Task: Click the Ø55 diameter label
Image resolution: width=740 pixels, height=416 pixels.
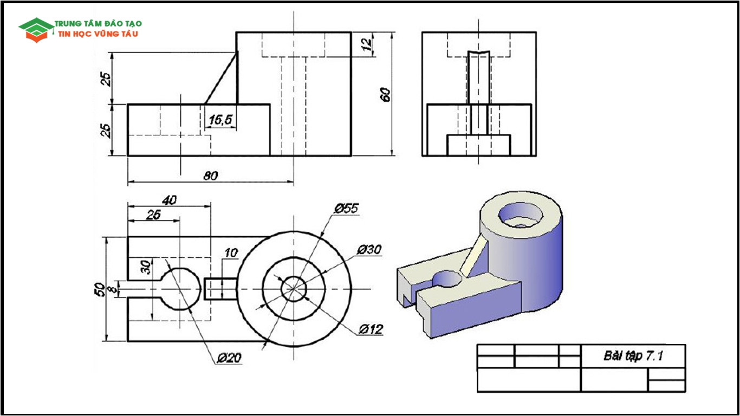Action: [x=346, y=208]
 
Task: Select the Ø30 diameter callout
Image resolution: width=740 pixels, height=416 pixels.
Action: [x=369, y=249]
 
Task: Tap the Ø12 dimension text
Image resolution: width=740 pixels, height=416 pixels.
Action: [x=371, y=329]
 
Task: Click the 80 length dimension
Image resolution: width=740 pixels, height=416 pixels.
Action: [x=210, y=175]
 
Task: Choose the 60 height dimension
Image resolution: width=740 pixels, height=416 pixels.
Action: [x=385, y=94]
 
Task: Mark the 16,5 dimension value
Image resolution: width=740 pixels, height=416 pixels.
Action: [x=220, y=120]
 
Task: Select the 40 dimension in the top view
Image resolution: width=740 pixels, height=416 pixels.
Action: [x=169, y=200]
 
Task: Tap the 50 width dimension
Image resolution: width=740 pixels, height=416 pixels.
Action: [x=99, y=289]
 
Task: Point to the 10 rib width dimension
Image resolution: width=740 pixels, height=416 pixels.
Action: [x=230, y=253]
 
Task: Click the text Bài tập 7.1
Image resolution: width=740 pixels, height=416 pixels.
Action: [x=633, y=356]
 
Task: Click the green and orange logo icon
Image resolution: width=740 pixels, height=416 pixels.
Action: [x=36, y=29]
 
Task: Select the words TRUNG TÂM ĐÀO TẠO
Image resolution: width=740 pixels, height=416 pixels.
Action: [x=98, y=24]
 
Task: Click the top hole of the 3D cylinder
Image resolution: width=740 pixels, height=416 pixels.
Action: [x=520, y=214]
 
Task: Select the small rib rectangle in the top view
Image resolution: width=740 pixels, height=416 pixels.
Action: [x=220, y=289]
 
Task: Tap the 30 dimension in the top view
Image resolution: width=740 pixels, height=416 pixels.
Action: [x=145, y=266]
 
